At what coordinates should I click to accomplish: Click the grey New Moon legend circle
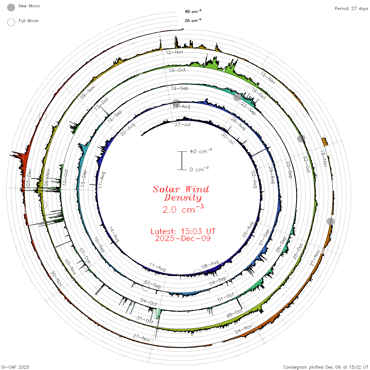[x=11, y=7]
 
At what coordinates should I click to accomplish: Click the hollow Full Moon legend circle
[x=11, y=22]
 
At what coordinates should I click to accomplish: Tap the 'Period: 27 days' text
[x=351, y=9]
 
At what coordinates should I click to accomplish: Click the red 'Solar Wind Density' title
[x=181, y=193]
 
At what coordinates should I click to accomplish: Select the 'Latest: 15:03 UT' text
[x=183, y=231]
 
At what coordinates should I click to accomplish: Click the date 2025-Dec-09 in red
[x=183, y=238]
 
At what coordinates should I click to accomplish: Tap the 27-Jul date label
[x=182, y=124]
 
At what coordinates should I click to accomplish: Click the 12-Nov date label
[x=174, y=52]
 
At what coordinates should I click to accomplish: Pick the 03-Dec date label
[x=29, y=177]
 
